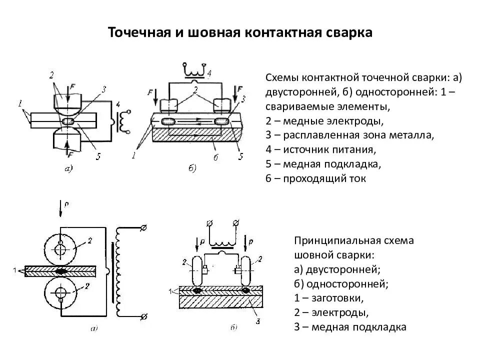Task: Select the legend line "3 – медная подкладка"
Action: tap(350, 327)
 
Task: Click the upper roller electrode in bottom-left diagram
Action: tap(60, 248)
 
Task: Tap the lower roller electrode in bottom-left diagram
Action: tap(60, 292)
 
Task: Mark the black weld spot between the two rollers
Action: tap(61, 270)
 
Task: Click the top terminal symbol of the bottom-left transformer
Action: tap(144, 228)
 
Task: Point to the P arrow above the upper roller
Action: tap(60, 208)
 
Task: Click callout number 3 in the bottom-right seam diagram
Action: tap(256, 320)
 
